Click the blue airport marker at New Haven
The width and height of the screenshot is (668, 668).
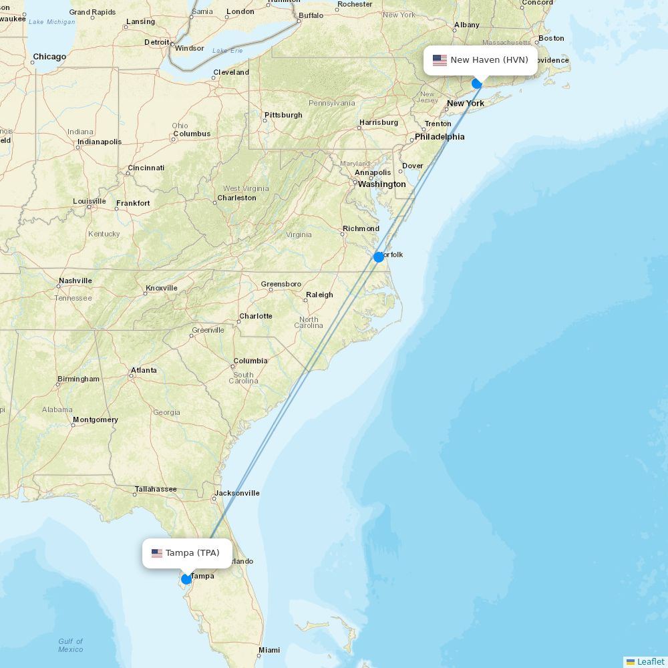click(x=477, y=83)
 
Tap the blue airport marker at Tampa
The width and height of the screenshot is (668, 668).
click(x=186, y=579)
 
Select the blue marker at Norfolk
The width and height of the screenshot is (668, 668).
click(x=379, y=257)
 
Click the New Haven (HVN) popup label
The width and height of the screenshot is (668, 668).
click(x=489, y=60)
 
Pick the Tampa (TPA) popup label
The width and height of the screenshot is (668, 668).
click(x=192, y=553)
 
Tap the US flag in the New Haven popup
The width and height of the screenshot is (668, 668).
click(x=440, y=60)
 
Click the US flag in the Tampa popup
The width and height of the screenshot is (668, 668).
click(x=157, y=553)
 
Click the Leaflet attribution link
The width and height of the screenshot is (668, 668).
click(x=651, y=661)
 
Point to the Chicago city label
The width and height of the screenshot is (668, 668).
click(x=50, y=57)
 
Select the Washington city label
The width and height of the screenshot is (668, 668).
click(x=381, y=184)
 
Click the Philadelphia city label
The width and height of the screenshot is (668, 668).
click(x=440, y=137)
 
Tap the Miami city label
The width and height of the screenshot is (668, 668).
click(x=269, y=650)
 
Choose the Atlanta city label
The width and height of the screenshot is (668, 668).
click(x=144, y=370)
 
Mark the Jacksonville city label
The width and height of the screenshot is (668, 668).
click(x=237, y=494)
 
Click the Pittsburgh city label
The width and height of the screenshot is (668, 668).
click(x=283, y=115)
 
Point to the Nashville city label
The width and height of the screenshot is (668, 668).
click(x=75, y=281)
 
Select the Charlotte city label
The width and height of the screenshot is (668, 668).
click(x=256, y=316)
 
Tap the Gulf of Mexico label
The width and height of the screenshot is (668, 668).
click(x=70, y=645)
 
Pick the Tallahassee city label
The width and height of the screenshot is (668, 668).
click(x=156, y=489)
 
